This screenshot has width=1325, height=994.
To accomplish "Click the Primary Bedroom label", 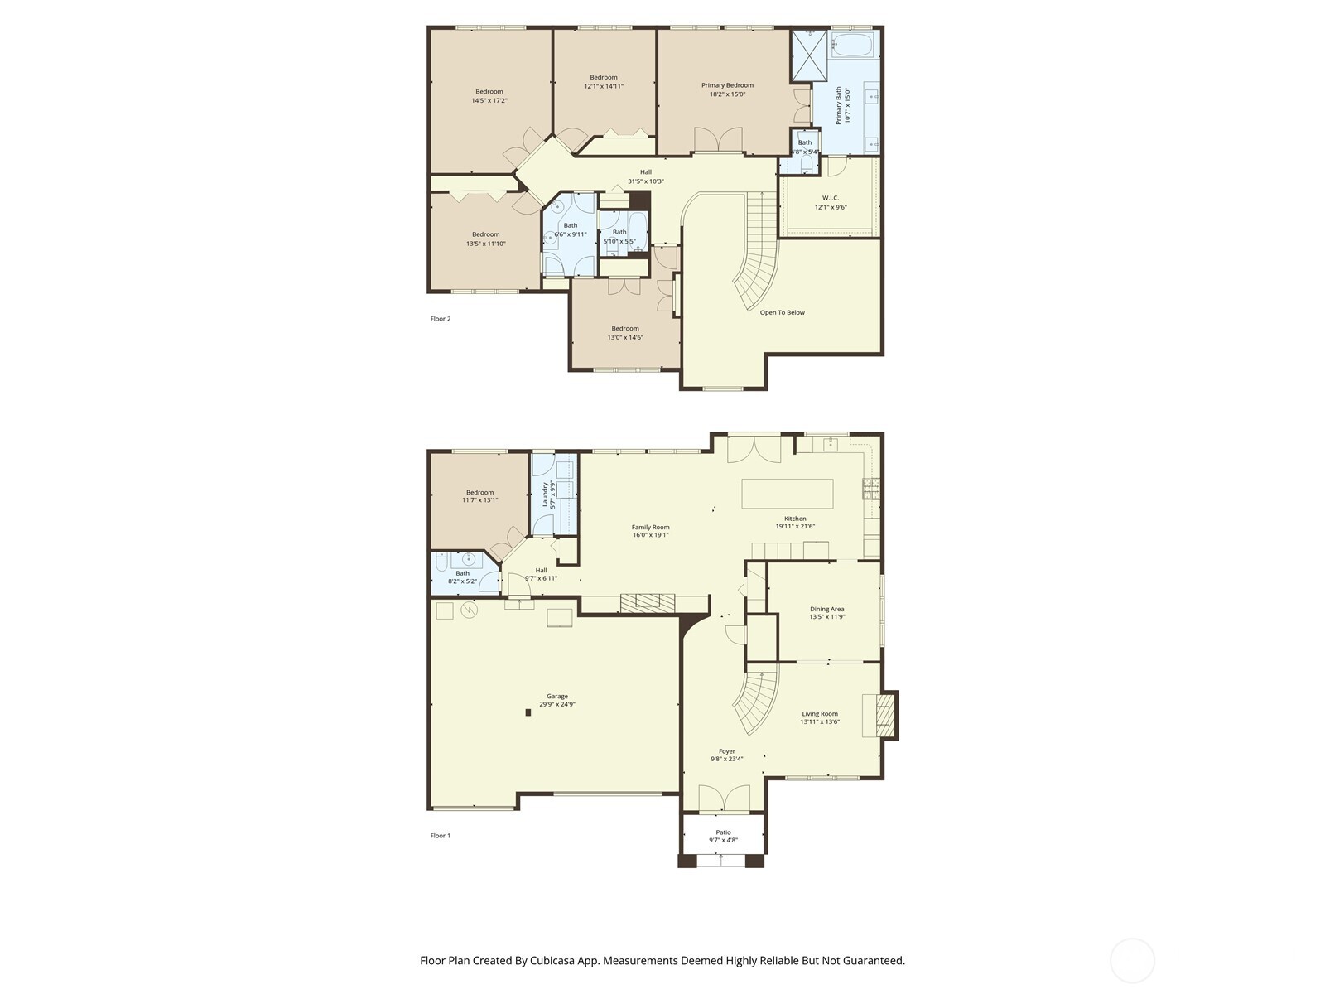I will coord(727,85).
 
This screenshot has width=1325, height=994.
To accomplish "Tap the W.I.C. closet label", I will coord(830,197).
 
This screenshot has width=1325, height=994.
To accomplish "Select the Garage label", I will coord(556,696).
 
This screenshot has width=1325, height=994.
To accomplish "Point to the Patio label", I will coord(723,832).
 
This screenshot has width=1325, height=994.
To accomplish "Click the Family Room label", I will coord(650,527).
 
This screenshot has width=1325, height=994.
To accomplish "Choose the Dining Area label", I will coord(826,609).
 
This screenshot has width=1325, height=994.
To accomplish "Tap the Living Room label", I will coord(819,713).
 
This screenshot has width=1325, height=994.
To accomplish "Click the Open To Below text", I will coord(782,312).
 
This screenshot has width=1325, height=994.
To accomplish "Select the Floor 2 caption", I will coord(441,319).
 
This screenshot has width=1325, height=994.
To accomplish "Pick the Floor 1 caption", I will coord(441,836).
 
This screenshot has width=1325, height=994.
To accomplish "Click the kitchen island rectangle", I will coord(787,494).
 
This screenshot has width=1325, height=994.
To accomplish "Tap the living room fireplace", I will coord(879,715).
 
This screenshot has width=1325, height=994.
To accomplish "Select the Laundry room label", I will coord(545,495).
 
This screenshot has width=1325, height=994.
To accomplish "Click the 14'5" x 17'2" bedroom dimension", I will coord(489,100).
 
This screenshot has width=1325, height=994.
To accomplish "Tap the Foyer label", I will coord(726,751).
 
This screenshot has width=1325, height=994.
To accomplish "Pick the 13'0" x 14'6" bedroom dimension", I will coord(625,337).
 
